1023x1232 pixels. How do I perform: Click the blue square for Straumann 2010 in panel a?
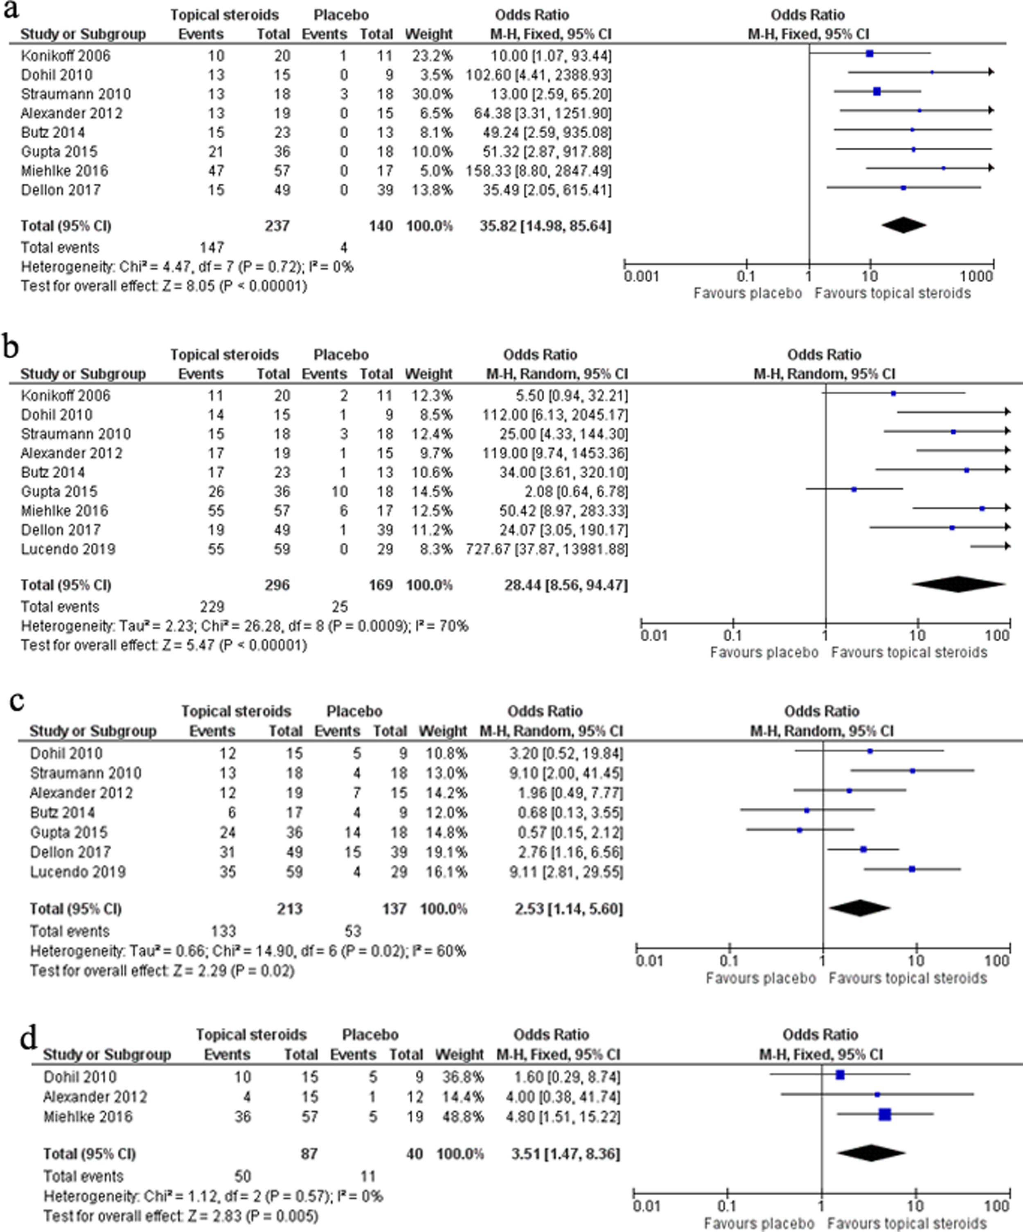coord(877,92)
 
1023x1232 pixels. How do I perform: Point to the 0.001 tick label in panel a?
coord(642,277)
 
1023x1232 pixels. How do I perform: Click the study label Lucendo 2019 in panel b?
coord(68,549)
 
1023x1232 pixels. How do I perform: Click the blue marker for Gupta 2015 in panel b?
coord(854,489)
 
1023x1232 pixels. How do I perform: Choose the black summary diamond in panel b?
coord(958,585)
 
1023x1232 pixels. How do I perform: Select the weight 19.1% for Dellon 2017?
coord(443,852)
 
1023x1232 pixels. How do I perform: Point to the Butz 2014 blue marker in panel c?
coord(807,810)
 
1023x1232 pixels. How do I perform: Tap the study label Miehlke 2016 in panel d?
coord(88,1116)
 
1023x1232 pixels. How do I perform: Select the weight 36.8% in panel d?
coord(460,1077)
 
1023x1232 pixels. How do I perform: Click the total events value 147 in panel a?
coord(212,247)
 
